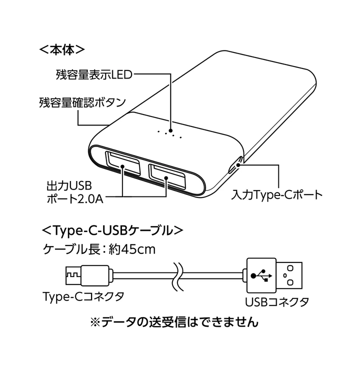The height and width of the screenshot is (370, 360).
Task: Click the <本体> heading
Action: click(61, 50)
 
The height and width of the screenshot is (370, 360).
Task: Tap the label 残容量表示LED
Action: click(93, 76)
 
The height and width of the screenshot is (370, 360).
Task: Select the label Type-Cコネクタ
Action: click(83, 296)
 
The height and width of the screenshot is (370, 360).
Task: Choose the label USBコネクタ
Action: click(276, 302)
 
